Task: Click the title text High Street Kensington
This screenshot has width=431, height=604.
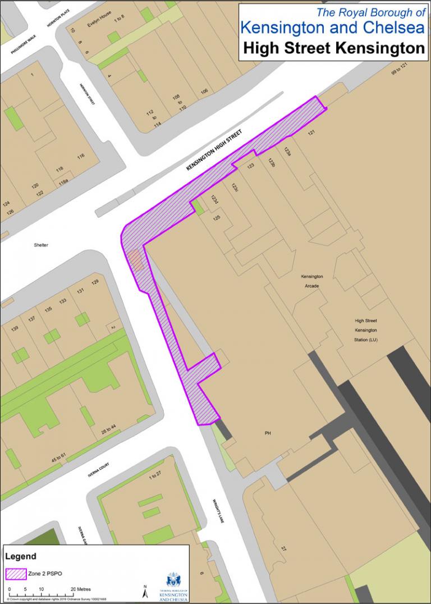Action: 334,48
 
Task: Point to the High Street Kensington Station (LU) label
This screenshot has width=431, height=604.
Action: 366,330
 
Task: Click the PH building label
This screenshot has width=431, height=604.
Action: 268,433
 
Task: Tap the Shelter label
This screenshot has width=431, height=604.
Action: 41,245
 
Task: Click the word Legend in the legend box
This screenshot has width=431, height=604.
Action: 21,556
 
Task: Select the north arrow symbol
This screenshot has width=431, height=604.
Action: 145,590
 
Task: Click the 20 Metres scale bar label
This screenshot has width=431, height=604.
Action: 81,589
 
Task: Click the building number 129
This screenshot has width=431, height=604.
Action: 95,282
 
